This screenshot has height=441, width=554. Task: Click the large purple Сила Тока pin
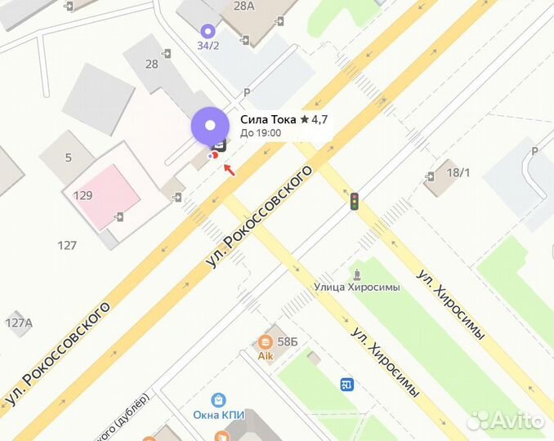(x=210, y=127)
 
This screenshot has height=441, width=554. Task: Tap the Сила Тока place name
(x=268, y=119)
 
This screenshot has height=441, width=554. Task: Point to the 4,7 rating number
(x=319, y=119)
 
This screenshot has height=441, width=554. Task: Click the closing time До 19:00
(x=261, y=132)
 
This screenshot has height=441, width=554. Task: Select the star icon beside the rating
(x=305, y=119)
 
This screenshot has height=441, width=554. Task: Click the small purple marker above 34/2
(x=208, y=30)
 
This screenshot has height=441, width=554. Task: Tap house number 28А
(x=244, y=6)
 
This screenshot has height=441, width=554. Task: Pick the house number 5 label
(x=69, y=158)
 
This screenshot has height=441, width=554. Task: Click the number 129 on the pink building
(x=83, y=196)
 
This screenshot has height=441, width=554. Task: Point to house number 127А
(x=18, y=323)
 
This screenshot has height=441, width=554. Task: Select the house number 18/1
(x=459, y=172)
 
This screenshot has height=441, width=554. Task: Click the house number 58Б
(x=288, y=341)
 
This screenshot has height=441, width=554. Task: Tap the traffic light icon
(x=355, y=201)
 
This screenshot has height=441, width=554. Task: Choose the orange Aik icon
(x=265, y=342)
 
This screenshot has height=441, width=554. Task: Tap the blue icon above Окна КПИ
(x=219, y=399)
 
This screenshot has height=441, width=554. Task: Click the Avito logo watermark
(x=506, y=419)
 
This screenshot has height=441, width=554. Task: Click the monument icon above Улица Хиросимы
(x=355, y=272)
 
